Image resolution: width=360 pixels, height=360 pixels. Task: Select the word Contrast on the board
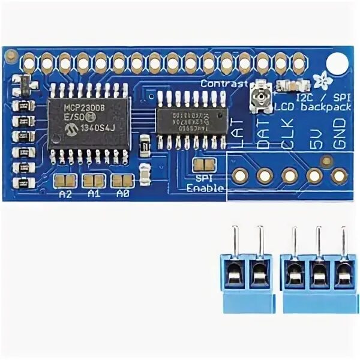coord(224,83)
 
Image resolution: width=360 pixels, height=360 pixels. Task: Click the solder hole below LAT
coord(240,175)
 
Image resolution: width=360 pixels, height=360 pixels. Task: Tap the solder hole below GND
coord(340,175)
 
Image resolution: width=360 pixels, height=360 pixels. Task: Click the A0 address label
coord(123,194)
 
